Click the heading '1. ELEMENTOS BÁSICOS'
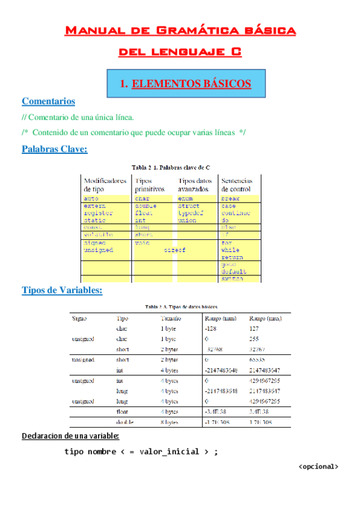point(185,84)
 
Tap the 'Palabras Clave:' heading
point(54,149)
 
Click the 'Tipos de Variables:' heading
point(62,290)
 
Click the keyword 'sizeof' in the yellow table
point(174,250)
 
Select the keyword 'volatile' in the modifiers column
point(97,235)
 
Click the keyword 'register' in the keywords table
point(98,213)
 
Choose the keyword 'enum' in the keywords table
point(185,198)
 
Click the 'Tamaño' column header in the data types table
point(171,318)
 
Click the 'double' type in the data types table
point(124,422)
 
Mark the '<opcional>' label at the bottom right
point(319,465)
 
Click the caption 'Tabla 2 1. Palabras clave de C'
point(171,167)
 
